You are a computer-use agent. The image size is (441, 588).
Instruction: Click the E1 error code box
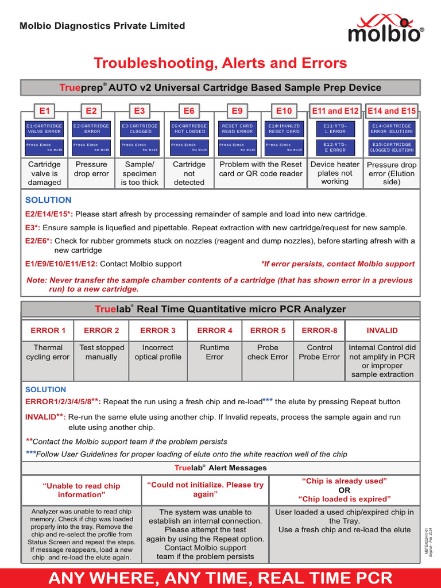44,111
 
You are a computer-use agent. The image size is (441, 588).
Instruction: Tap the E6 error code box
189,111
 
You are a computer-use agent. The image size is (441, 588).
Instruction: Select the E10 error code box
284,111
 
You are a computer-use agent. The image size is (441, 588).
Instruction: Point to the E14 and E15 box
392,111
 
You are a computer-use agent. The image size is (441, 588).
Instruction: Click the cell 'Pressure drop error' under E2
91,169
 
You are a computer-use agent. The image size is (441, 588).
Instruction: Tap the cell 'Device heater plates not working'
335,173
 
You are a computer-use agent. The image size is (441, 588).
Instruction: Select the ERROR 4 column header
215,330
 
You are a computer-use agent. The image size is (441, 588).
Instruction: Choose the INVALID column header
382,330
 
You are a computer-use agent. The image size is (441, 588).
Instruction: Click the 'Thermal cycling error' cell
48,352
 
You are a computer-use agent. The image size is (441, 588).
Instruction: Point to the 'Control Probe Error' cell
319,352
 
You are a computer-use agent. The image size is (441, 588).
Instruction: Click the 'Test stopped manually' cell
102,352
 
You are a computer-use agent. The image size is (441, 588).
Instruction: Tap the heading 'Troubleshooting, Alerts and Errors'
220,63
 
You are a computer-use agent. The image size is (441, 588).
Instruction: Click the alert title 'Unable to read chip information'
81,490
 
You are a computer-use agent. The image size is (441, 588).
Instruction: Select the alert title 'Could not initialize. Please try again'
205,489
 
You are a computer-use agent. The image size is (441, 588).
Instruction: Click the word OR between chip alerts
344,490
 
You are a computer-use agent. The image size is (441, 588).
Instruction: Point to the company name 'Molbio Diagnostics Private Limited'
102,26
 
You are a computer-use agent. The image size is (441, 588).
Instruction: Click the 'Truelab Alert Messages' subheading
220,468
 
